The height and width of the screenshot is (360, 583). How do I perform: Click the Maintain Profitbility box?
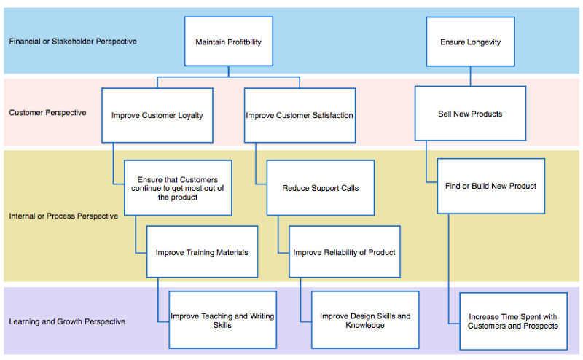[x=228, y=42]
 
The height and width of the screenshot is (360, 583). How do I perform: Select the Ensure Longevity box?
[x=470, y=42]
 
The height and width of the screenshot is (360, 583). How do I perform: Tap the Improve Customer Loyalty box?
[x=157, y=115]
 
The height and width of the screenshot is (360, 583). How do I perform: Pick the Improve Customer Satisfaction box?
[x=300, y=115]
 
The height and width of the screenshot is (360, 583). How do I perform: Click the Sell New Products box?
[x=470, y=114]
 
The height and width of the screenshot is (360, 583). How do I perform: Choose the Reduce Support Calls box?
[x=320, y=188]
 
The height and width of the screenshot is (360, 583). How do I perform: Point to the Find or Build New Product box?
[x=490, y=186]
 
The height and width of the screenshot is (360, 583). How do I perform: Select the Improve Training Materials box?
[x=202, y=252]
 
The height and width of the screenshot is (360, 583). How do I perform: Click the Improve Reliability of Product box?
[x=344, y=252]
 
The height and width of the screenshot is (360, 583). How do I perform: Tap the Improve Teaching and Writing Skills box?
[x=222, y=321]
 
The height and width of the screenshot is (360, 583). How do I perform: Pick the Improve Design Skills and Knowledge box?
[x=365, y=321]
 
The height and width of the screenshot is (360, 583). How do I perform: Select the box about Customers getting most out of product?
[x=178, y=188]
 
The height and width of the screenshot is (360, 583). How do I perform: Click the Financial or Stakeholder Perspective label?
[x=73, y=42]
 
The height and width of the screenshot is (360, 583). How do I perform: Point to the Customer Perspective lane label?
[x=47, y=113]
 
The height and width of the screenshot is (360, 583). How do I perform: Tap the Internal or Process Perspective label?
[x=63, y=216]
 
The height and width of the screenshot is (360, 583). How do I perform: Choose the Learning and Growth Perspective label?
[x=67, y=321]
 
